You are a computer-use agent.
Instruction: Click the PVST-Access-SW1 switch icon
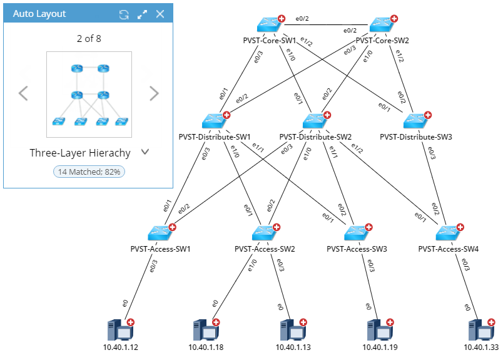(x=160, y=233)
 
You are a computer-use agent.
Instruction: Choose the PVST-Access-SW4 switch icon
(x=448, y=233)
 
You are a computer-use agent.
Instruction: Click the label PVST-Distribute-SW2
(x=315, y=136)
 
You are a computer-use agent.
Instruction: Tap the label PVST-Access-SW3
(x=357, y=249)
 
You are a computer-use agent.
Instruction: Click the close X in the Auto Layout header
(x=160, y=14)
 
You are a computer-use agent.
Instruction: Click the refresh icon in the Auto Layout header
(x=124, y=14)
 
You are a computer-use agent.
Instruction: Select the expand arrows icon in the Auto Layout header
(x=142, y=14)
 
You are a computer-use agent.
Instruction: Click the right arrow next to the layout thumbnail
(x=154, y=94)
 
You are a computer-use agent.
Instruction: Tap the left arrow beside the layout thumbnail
(x=23, y=94)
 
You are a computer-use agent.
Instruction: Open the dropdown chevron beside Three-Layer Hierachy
(x=145, y=152)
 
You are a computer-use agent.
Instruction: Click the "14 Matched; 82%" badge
(x=89, y=171)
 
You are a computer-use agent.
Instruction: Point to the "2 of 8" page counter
(x=89, y=39)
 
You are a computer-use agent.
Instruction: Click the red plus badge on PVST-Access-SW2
(x=277, y=227)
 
